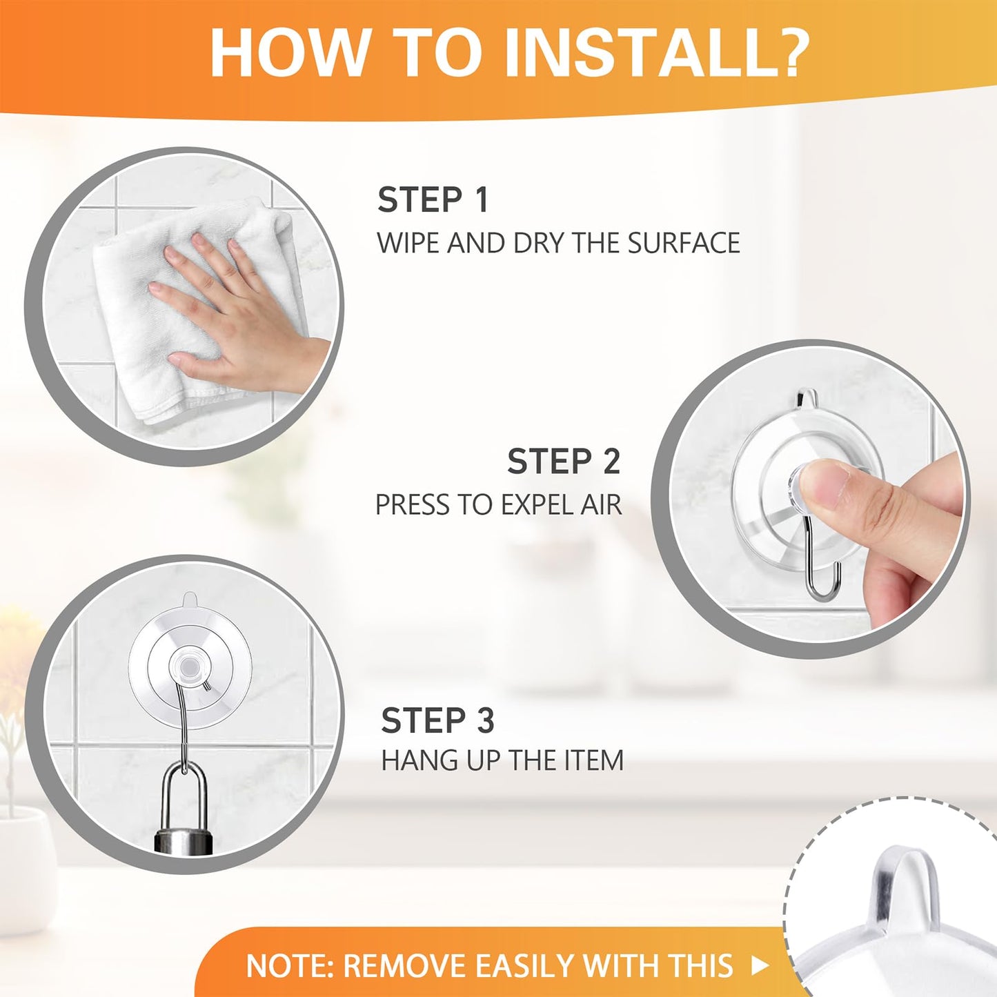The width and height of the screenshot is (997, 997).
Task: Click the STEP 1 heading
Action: click(x=433, y=200)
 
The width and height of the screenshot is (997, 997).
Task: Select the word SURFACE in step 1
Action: click(x=684, y=244)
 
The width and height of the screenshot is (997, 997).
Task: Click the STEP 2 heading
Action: click(x=564, y=462)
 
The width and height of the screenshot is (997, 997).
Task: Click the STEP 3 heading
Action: click(x=437, y=720)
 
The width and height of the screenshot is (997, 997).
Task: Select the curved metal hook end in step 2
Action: click(x=825, y=586)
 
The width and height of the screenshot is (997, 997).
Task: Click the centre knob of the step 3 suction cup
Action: click(x=187, y=667)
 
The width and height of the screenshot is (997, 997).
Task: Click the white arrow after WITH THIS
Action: click(x=760, y=965)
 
